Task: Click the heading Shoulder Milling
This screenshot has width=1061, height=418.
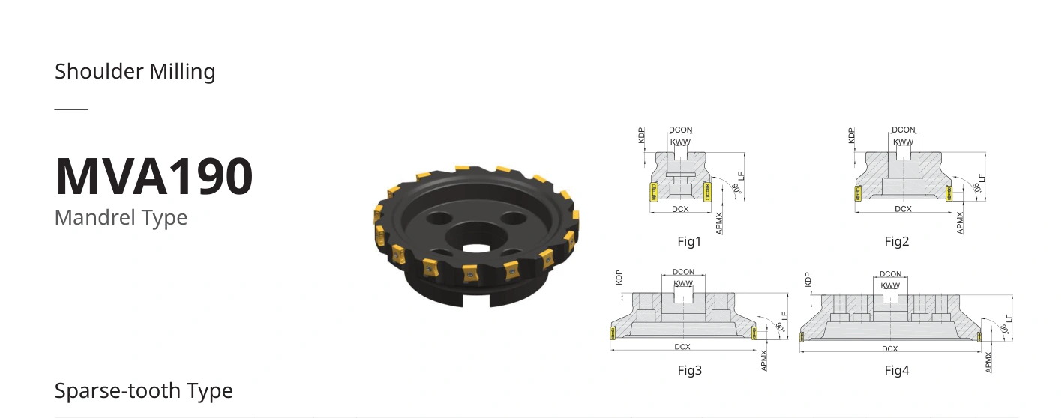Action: tap(135, 72)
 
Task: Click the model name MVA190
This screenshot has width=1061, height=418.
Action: tap(154, 176)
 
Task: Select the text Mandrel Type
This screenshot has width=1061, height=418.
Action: tap(121, 218)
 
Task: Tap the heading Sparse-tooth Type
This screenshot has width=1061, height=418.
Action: tap(143, 391)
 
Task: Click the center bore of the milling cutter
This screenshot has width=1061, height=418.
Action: tap(476, 249)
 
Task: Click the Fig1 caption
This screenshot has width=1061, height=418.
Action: tap(689, 241)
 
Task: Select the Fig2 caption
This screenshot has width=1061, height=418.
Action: tap(897, 241)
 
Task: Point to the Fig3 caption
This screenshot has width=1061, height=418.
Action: tap(690, 370)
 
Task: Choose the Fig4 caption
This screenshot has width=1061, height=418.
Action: tap(897, 370)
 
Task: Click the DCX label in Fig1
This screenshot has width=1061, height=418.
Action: tap(680, 209)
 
